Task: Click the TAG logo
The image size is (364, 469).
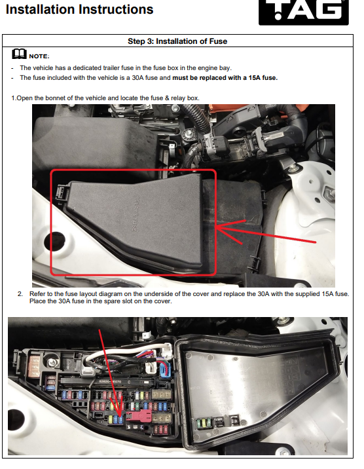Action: point(304,11)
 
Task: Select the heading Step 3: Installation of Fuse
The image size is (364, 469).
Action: point(177,41)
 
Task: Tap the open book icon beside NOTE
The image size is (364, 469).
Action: point(20,54)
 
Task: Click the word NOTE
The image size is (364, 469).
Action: point(39,56)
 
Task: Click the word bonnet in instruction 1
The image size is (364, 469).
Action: point(54,98)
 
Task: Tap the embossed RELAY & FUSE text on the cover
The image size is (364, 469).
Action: point(136,214)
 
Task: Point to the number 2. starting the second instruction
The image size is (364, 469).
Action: point(20,294)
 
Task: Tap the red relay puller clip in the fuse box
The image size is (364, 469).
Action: point(139,415)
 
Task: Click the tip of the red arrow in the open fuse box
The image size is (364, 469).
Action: point(120,417)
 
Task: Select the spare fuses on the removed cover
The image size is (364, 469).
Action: point(204,423)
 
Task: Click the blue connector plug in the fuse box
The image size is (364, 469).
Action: point(164,369)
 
